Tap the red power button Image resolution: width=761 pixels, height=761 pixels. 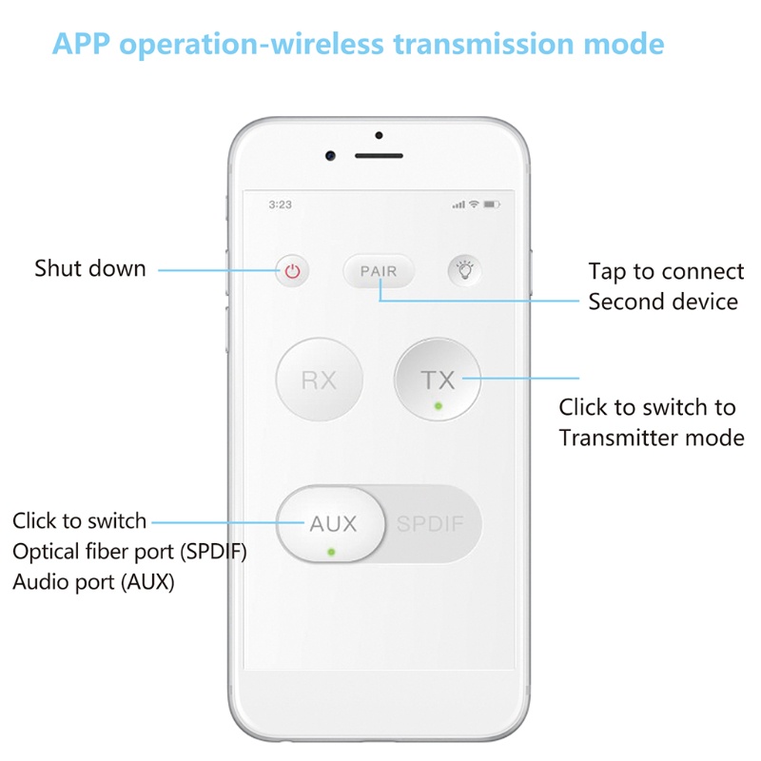coord(292,271)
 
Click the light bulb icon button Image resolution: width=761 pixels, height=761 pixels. coord(465,271)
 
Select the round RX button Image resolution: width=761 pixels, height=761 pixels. coord(319,380)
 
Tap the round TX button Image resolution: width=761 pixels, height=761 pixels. coord(438,380)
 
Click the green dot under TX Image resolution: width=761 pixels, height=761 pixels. coord(438,405)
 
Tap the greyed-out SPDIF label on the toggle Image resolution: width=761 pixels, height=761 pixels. coord(433,524)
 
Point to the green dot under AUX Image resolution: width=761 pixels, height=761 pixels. coord(330,551)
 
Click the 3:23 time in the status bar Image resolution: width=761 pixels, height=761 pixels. coord(280,205)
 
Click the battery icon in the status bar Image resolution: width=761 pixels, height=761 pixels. coord(491,205)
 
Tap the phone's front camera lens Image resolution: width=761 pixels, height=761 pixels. coord(330,155)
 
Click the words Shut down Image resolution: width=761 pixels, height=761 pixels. coord(90,268)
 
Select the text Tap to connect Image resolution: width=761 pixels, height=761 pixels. coord(666,272)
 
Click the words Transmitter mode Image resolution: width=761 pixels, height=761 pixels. coord(652,439)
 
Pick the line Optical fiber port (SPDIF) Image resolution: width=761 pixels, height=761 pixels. coord(129,552)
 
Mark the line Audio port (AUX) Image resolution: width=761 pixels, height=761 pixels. coord(93,582)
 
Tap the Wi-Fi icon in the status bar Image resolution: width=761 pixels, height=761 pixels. coord(474,205)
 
